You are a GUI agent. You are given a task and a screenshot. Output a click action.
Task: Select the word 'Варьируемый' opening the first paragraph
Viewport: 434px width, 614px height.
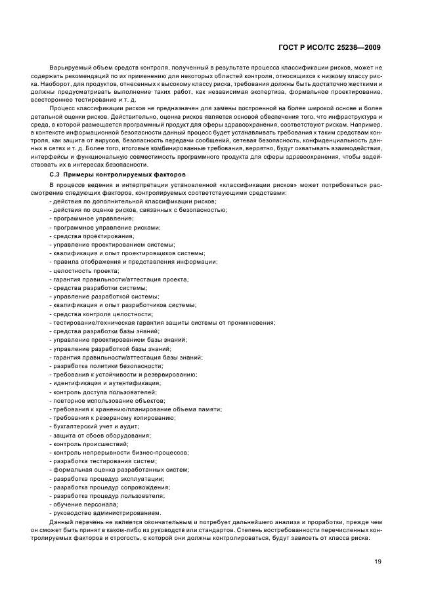(69, 68)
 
